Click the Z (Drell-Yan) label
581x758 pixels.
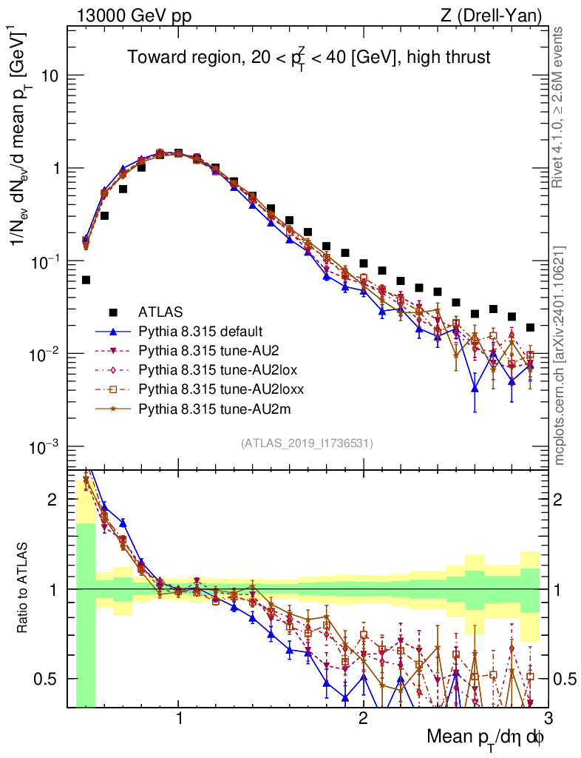tap(493, 14)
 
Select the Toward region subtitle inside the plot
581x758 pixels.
tap(308, 57)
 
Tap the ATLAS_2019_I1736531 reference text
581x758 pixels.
tap(307, 443)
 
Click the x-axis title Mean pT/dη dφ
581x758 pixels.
tap(485, 737)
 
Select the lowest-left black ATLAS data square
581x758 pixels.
tap(86, 280)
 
